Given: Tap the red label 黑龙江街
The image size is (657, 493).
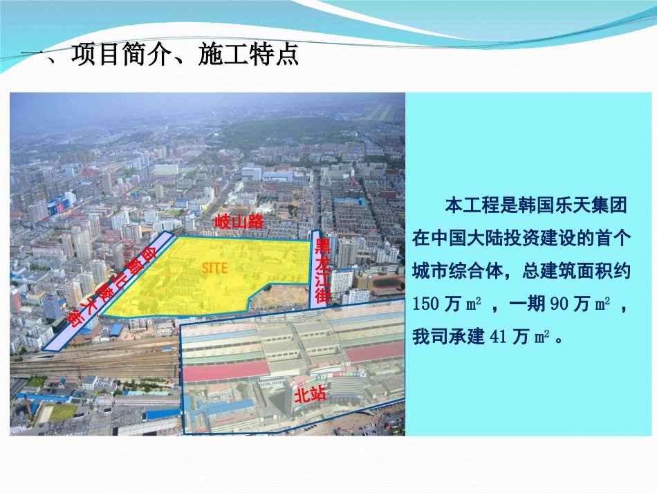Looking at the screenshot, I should [322, 272].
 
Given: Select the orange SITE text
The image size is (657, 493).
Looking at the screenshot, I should [214, 268].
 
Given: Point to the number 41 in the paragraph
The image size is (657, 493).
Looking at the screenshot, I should [499, 337].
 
